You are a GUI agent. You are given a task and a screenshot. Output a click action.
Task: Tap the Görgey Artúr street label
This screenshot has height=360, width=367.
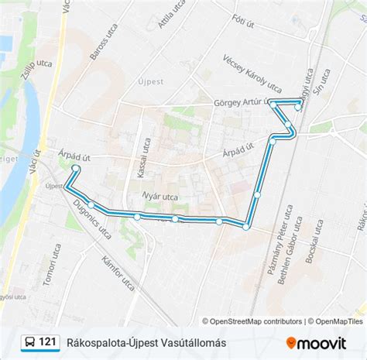[242, 101]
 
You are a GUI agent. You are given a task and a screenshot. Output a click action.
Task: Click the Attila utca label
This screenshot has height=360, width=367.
[171, 14]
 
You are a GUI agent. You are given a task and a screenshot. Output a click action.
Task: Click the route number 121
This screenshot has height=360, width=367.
[47, 341]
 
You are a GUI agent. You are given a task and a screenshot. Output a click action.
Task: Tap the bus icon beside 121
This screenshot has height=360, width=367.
[28, 341]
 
